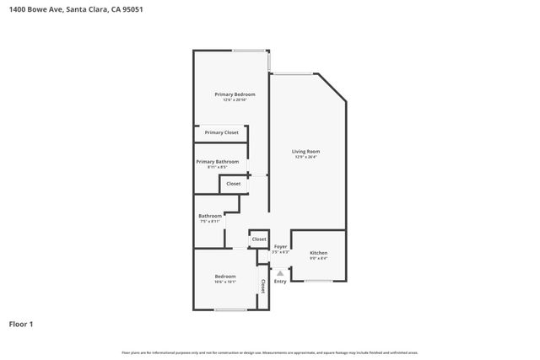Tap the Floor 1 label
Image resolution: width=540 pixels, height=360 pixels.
[22, 324]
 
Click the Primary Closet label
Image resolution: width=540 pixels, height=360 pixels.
[221, 132]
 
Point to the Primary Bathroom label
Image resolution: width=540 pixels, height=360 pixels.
[217, 161]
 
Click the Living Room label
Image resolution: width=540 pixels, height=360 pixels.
[305, 151]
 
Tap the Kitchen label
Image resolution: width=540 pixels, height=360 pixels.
[318, 253]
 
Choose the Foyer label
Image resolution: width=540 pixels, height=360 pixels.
[280, 246]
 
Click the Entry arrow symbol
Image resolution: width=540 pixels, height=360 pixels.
[280, 272]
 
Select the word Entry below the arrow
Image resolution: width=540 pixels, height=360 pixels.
[280, 281]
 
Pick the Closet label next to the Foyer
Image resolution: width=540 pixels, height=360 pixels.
[259, 239]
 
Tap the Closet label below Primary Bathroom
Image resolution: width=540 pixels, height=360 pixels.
[233, 183]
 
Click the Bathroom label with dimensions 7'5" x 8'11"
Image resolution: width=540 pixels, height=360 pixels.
[210, 216]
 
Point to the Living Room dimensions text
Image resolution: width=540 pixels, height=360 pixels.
[305, 157]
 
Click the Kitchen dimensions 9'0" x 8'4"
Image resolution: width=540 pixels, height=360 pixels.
[318, 259]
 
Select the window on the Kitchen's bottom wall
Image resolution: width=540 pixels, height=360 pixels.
[318, 281]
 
